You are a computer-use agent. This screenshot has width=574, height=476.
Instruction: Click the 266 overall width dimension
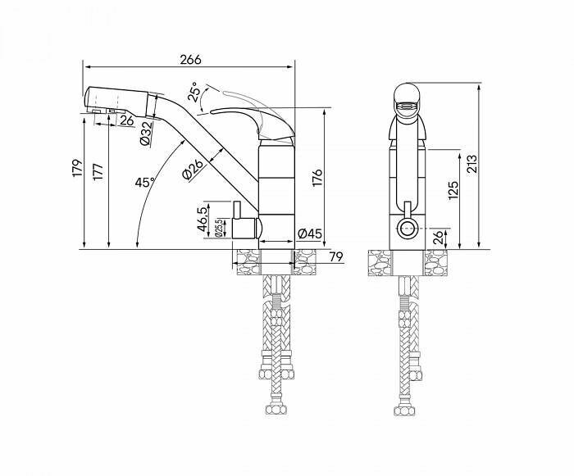(190, 59)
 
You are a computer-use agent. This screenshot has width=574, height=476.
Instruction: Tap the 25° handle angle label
(194, 92)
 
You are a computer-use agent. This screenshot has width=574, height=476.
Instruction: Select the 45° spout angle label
(145, 182)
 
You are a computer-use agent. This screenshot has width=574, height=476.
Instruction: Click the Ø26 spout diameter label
(193, 170)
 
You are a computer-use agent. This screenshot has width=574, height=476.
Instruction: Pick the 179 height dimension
(77, 168)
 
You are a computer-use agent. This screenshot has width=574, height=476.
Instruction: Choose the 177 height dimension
(98, 171)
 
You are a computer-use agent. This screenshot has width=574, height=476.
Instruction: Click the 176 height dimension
(317, 177)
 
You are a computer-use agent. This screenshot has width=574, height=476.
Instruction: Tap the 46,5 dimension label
(203, 220)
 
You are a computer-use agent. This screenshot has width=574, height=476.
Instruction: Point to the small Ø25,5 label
(219, 228)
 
